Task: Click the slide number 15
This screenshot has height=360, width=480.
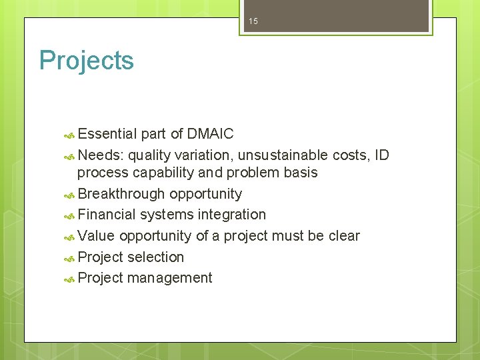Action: tap(253, 22)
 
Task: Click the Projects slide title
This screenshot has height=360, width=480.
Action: tap(87, 61)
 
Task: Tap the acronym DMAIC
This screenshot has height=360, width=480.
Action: tap(210, 134)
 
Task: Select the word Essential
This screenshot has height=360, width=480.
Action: tap(107, 134)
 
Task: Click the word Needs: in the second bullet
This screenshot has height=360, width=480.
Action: tap(101, 155)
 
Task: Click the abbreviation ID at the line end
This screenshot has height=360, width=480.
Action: tap(381, 155)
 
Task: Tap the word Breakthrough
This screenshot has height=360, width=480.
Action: tap(121, 194)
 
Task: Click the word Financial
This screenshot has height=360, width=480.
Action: tap(106, 215)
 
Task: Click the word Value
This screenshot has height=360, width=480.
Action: tap(97, 236)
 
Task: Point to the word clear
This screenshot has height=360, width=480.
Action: tap(344, 236)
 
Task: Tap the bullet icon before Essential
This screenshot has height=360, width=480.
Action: tap(69, 135)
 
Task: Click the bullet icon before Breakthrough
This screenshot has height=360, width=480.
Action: tap(69, 195)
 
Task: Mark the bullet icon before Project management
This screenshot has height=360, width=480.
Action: tap(69, 279)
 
